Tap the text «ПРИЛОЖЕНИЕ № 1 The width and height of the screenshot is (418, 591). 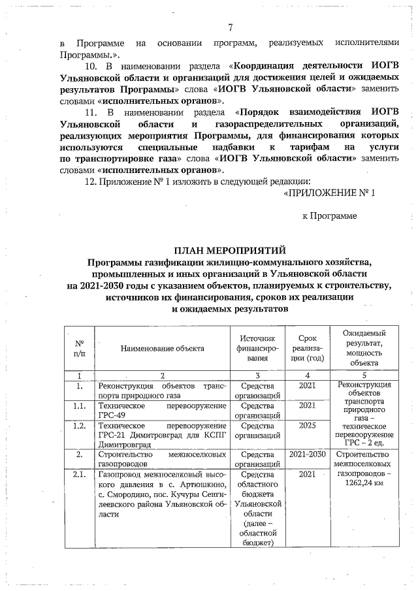[330, 193]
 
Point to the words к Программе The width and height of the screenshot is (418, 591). [330, 215]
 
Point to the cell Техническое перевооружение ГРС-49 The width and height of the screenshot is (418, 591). [161, 410]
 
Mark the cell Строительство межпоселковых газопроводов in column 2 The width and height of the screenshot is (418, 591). [161, 458]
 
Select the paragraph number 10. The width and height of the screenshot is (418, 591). [92, 67]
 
